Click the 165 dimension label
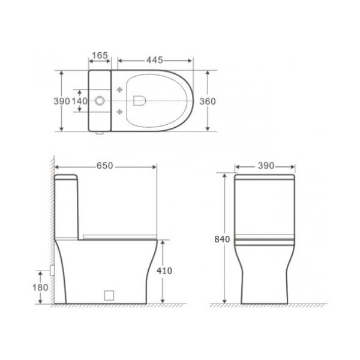[100, 56]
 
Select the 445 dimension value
[154, 60]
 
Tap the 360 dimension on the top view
[207, 101]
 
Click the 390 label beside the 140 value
[62, 101]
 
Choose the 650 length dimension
[105, 166]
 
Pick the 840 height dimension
[222, 239]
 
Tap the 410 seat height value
[164, 271]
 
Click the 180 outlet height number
[40, 287]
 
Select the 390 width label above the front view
[265, 166]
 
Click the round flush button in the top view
[100, 101]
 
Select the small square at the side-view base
[109, 294]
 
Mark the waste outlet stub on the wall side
[52, 270]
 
